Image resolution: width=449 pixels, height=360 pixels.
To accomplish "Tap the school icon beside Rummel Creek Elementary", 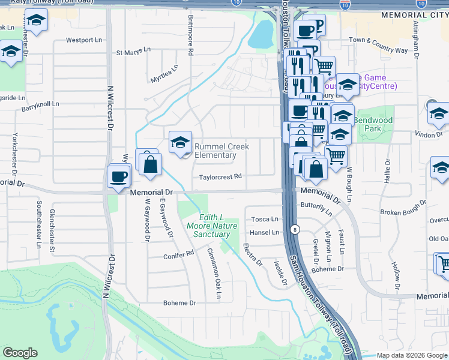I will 180,143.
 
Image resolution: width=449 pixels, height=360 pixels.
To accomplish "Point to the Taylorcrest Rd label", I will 220,177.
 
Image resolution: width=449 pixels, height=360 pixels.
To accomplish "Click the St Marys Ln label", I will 133,53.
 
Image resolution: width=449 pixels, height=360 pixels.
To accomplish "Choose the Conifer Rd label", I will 179,255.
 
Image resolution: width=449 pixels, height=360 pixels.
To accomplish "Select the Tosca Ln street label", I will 265,220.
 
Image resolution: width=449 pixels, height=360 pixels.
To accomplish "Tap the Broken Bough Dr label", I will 403,213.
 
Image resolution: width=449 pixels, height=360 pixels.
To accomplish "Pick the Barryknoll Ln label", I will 41,106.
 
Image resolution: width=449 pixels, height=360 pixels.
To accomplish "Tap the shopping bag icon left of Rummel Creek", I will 150,163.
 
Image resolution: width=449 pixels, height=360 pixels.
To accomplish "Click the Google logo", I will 20,353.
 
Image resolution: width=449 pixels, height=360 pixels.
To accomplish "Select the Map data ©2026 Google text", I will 411,355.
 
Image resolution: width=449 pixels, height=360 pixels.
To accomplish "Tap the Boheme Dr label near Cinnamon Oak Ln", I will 180,303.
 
